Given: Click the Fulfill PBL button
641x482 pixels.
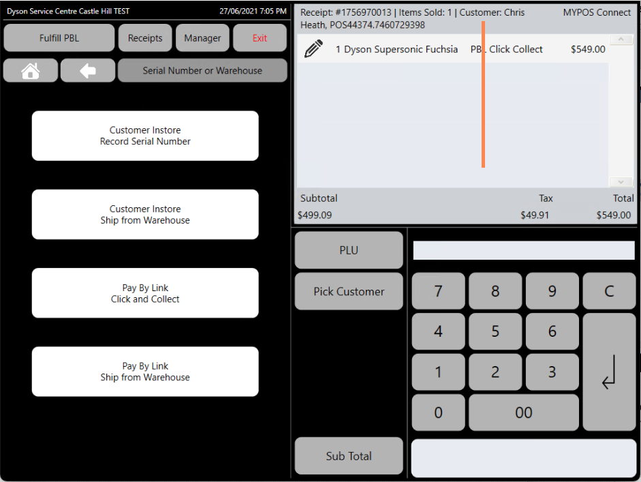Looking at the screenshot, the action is [x=59, y=37].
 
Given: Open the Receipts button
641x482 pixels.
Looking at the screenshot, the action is [x=145, y=37].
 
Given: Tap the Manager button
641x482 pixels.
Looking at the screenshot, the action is [x=202, y=37].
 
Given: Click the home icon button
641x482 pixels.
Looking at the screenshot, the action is [x=31, y=70].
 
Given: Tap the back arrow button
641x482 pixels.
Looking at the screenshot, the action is [x=88, y=70].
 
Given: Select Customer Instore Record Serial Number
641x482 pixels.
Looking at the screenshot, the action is [x=145, y=136].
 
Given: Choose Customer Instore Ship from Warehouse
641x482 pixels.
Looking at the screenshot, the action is [x=145, y=214].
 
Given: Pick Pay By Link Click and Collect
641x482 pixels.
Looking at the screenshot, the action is [x=145, y=293].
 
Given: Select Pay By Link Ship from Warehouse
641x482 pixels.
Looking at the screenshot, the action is [x=145, y=372].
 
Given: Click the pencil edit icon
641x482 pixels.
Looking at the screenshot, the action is [x=313, y=48].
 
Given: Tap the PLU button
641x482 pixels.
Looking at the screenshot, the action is [x=349, y=250].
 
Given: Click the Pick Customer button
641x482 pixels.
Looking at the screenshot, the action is [x=349, y=291].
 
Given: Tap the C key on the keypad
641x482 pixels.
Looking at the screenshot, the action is [x=609, y=291].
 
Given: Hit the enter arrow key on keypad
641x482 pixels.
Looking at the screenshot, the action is [x=609, y=372].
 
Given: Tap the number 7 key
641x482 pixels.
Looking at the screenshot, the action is [x=438, y=291].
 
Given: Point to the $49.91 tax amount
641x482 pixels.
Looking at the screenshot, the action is [x=535, y=215].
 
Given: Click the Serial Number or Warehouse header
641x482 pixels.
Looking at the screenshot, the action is [x=202, y=70].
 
